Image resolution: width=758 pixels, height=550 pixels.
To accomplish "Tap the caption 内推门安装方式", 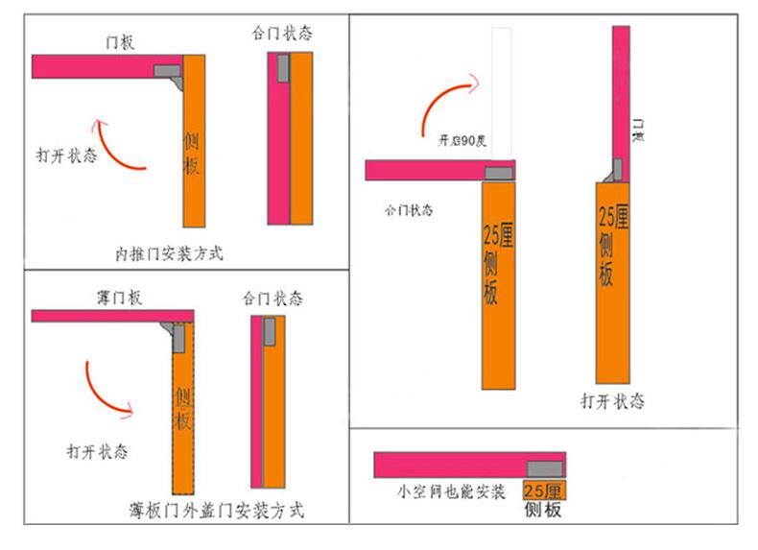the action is pos(169,254).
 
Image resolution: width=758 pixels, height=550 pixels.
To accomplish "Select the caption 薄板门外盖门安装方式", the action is pos(216,510).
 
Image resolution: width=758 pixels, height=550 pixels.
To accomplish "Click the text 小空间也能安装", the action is pos(451,491).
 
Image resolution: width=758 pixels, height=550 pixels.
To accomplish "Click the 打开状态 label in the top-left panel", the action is pos(66,155).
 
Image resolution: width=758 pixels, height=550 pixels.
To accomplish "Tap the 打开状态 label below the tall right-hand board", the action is pos(612,400).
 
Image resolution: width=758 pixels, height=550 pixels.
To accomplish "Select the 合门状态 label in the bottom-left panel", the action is pos(272,299).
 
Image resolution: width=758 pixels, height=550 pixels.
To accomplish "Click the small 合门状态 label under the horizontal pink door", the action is pos(409,209).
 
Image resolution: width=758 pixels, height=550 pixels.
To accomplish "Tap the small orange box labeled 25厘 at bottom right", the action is pos(544,490).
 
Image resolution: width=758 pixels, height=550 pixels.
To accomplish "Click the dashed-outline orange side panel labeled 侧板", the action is pos(182,408).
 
